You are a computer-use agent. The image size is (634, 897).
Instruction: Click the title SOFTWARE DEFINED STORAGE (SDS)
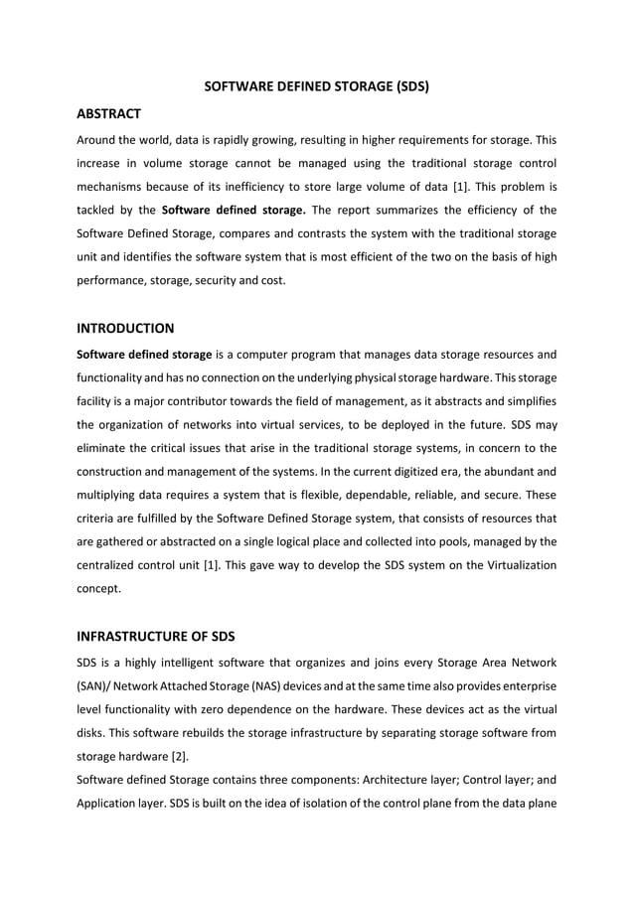[316, 86]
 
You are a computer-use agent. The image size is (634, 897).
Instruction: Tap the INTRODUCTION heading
[125, 327]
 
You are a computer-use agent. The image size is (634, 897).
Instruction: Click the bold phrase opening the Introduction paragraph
[144, 354]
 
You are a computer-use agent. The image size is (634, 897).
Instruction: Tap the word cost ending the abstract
[271, 280]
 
